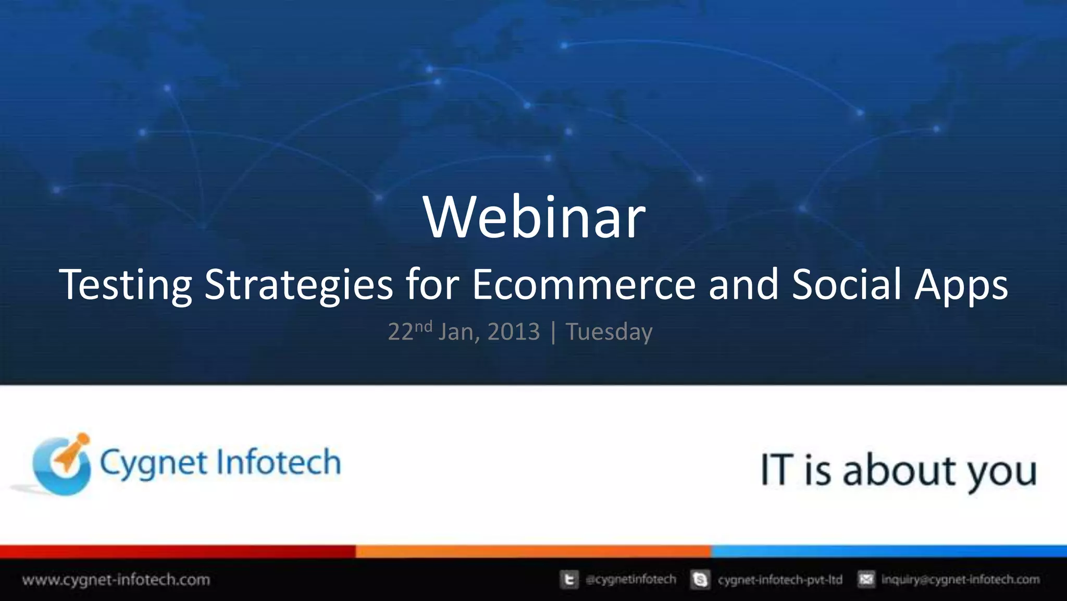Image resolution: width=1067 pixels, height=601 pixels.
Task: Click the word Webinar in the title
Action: click(x=534, y=217)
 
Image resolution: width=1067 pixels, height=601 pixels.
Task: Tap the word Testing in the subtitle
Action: click(x=126, y=285)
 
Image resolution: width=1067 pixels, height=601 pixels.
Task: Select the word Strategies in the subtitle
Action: click(x=299, y=285)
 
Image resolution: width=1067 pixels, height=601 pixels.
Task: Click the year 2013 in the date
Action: click(x=514, y=332)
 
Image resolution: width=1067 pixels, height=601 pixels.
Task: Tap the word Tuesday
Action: click(x=609, y=332)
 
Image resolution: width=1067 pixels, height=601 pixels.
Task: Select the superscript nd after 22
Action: click(x=424, y=327)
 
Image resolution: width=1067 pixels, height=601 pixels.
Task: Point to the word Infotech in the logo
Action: click(x=278, y=462)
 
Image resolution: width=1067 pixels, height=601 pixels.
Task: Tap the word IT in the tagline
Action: click(x=777, y=470)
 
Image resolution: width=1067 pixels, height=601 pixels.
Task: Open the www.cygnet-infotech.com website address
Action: click(x=116, y=580)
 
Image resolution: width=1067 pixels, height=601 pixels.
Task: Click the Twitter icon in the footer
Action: click(x=569, y=580)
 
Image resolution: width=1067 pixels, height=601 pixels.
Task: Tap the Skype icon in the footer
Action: click(x=700, y=580)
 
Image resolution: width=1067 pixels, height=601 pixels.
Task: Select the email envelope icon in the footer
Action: click(x=866, y=579)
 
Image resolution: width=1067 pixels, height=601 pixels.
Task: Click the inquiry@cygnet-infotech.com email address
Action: click(x=960, y=580)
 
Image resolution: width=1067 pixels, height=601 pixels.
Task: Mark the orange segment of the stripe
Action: click(x=533, y=551)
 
